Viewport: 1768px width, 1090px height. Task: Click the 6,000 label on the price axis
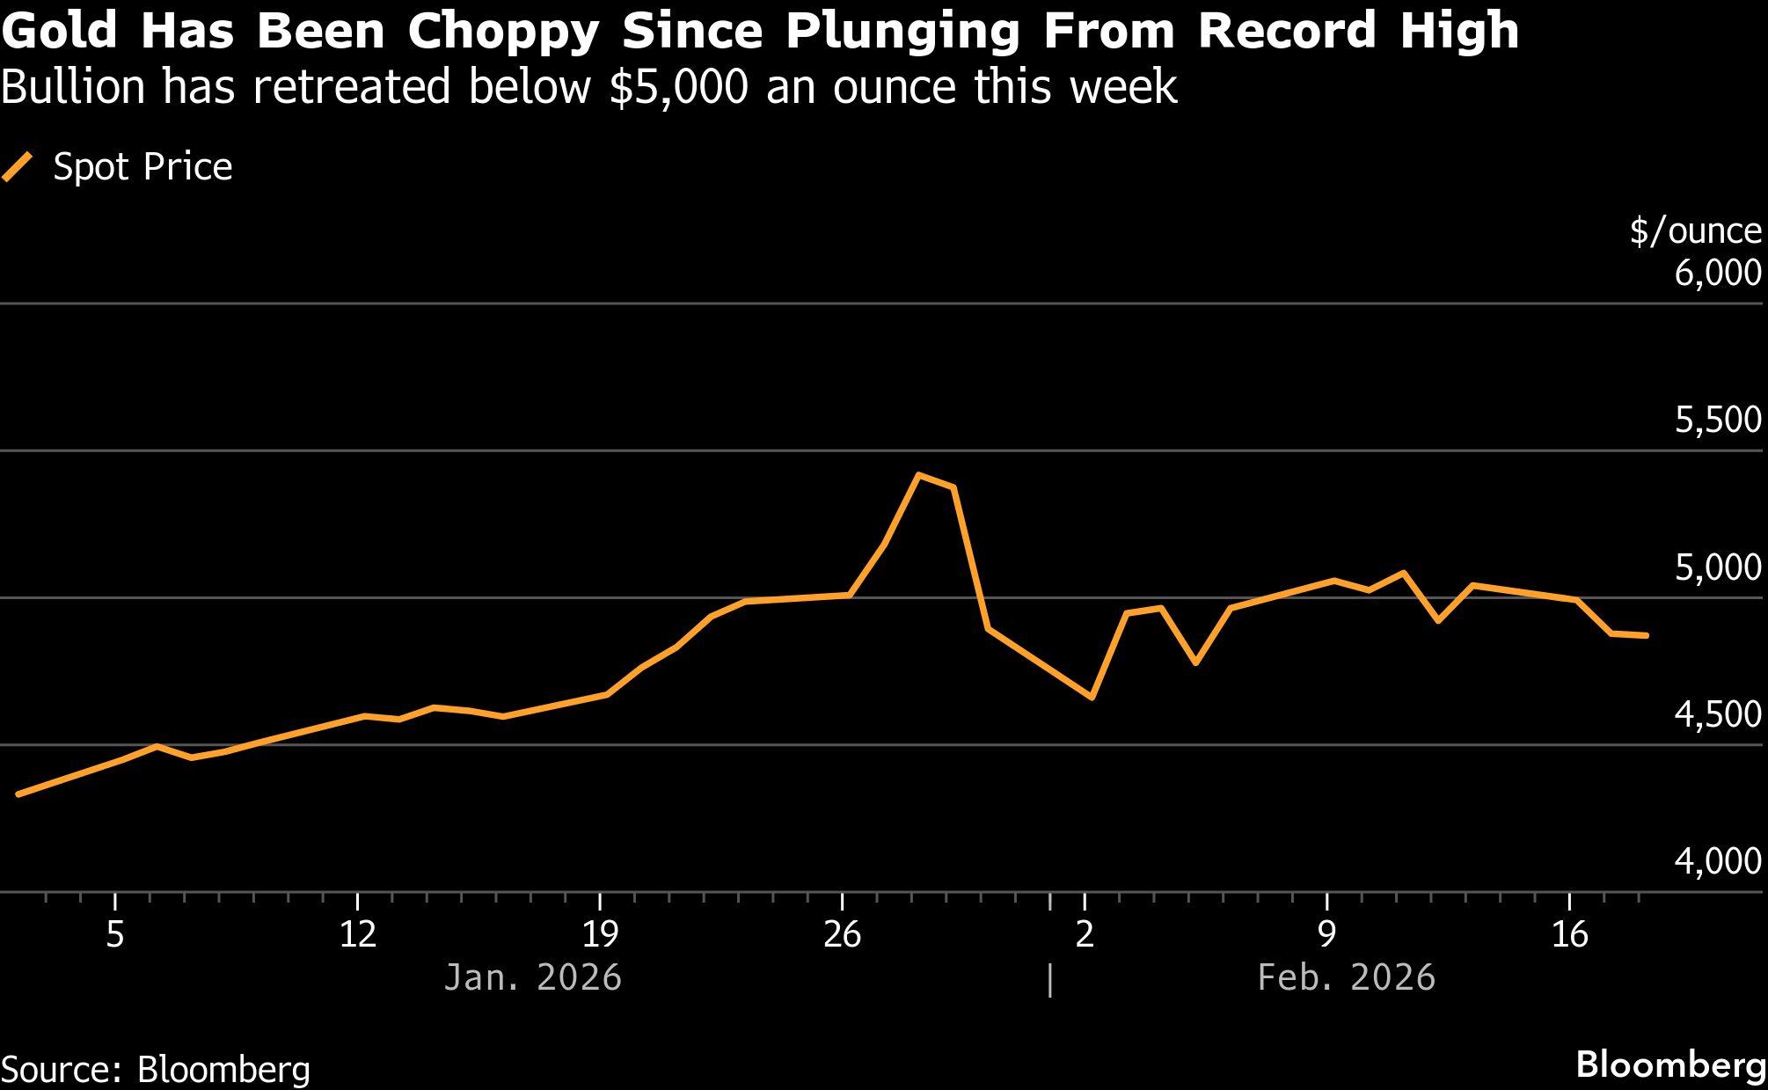point(1718,274)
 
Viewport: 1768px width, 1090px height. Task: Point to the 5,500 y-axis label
point(1718,421)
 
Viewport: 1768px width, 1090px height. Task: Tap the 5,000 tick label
point(1718,568)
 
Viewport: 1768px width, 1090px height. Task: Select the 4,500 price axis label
point(1718,715)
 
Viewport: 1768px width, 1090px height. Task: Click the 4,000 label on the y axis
point(1718,862)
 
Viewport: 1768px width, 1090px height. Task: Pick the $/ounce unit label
point(1695,231)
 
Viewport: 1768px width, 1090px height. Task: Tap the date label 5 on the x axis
point(115,934)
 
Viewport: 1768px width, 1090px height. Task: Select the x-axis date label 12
point(357,934)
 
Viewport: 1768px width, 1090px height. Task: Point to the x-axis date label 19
point(600,934)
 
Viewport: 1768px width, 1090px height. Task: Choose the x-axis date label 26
point(842,934)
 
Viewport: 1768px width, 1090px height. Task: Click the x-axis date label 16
point(1569,934)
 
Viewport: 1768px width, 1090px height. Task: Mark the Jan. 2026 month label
point(533,978)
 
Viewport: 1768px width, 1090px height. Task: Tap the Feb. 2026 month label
point(1346,978)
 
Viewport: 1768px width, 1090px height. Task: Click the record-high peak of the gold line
point(918,475)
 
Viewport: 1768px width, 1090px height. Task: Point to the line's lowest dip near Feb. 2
point(1092,698)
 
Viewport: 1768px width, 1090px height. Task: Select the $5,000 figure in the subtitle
point(678,88)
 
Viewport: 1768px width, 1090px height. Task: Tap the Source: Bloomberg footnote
point(156,1070)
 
